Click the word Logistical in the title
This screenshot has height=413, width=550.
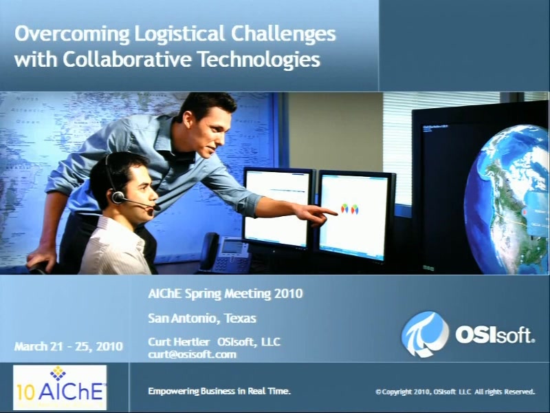point(179,34)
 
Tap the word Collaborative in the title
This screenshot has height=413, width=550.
point(127,59)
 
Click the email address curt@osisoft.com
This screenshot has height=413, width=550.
point(192,354)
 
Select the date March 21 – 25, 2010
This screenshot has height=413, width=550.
point(68,347)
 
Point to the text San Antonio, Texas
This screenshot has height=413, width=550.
point(201,318)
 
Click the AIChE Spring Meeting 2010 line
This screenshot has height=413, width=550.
point(225,294)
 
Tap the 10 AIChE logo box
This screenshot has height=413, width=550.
point(60,388)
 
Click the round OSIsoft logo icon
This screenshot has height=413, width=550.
point(425,334)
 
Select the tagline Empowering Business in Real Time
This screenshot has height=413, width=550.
point(219,391)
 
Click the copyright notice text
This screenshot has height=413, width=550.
point(455,392)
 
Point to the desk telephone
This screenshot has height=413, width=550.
point(225,253)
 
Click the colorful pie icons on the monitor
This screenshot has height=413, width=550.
point(349,209)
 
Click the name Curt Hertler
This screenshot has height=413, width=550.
point(179,341)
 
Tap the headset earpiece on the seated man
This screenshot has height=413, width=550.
point(118,197)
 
